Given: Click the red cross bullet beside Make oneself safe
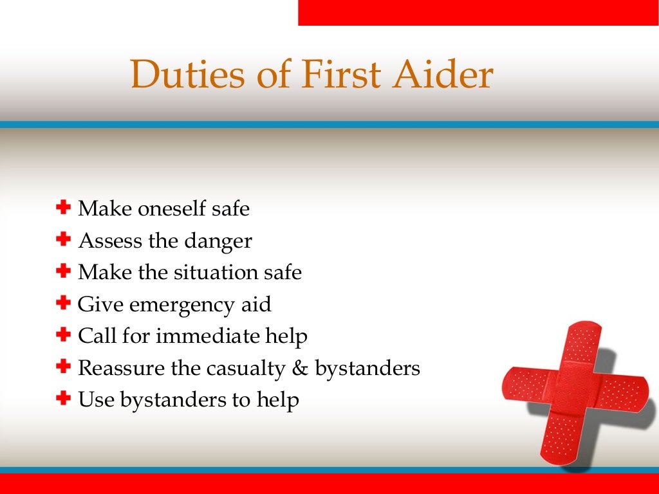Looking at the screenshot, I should click(63, 208).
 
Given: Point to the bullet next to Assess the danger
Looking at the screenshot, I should click(63, 240).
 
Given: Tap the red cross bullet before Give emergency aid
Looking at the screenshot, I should click(63, 303).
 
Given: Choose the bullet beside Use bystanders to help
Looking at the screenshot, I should click(63, 399).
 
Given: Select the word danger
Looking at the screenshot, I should click(218, 241).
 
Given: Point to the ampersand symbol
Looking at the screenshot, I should click(301, 368).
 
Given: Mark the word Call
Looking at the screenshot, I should click(94, 336).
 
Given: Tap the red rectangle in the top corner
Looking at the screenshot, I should click(478, 12).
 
